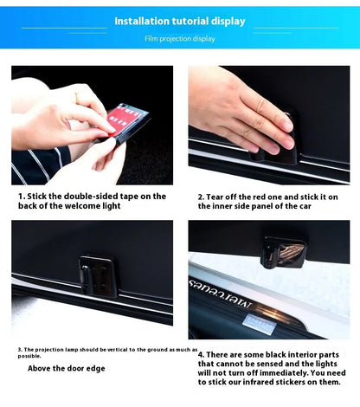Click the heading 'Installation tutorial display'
pyautogui.click(x=180, y=22)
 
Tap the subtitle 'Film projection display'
pyautogui.click(x=180, y=39)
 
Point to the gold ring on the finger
pyautogui.click(x=77, y=97)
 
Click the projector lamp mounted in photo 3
pyautogui.click(x=98, y=276)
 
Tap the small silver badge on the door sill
pyautogui.click(x=260, y=325)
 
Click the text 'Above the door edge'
pyautogui.click(x=67, y=368)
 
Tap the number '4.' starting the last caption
pyautogui.click(x=202, y=355)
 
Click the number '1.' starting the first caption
pyautogui.click(x=22, y=197)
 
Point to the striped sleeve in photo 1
pyautogui.click(x=40, y=166)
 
